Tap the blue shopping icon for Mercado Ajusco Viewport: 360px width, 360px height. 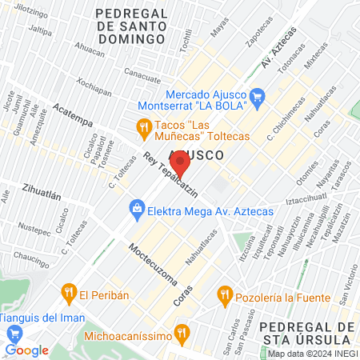(x=257, y=98)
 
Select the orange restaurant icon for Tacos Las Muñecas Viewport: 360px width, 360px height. (x=143, y=126)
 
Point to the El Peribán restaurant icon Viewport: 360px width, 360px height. (x=69, y=294)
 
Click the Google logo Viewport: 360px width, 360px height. (x=26, y=350)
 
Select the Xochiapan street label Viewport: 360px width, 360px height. (x=94, y=84)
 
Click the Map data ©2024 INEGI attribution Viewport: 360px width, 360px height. (x=311, y=354)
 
